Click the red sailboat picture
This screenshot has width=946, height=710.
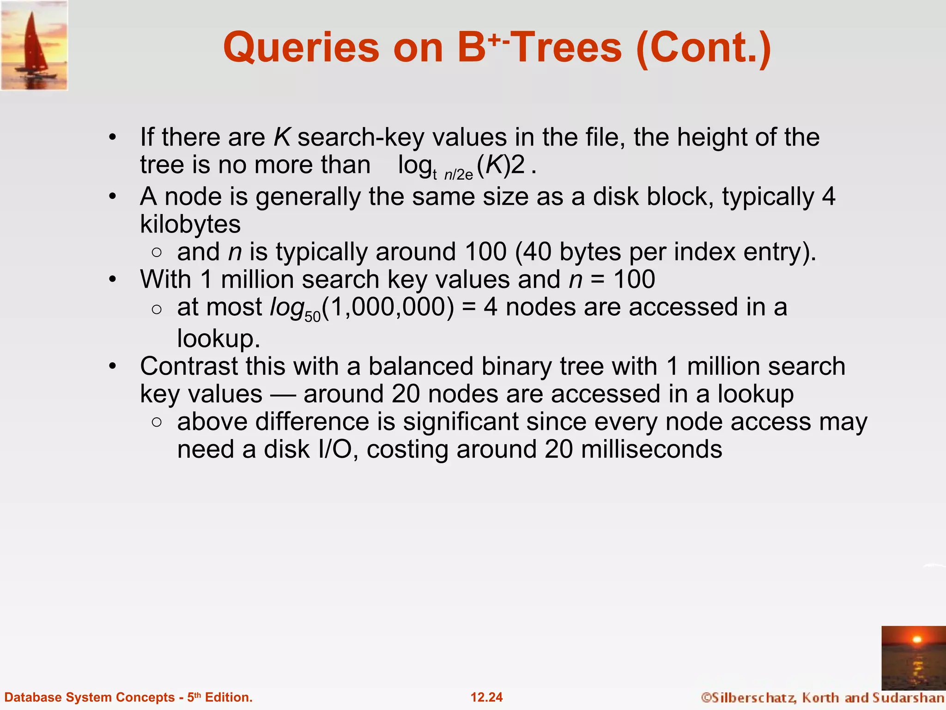click(x=34, y=45)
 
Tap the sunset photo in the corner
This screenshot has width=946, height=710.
click(x=913, y=657)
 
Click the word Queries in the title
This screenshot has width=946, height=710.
click(x=301, y=48)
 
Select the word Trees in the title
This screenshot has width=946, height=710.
click(x=567, y=48)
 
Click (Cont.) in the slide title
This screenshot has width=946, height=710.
click(x=703, y=48)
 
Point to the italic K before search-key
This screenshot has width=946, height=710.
click(x=282, y=137)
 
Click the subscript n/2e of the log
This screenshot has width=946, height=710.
click(x=459, y=175)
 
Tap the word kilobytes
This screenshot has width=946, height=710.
click(x=190, y=224)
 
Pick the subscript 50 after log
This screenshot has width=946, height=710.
click(x=313, y=317)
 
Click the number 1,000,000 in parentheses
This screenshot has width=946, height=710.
click(x=388, y=307)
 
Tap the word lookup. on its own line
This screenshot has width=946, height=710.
click(x=219, y=339)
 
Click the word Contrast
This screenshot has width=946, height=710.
click(x=189, y=367)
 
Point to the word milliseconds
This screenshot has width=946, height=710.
click(x=651, y=449)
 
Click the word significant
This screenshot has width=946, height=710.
click(x=461, y=422)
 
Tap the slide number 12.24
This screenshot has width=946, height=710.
click(x=486, y=697)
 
